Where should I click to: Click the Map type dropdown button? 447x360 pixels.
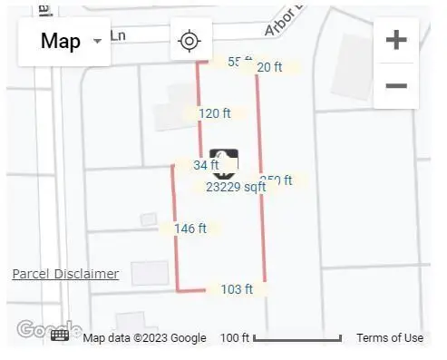64,41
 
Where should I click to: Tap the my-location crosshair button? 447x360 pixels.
189,41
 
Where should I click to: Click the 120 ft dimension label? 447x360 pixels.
215,113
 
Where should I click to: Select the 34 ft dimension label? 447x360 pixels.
206,165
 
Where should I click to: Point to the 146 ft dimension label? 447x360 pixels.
189,229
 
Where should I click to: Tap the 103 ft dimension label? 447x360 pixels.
237,289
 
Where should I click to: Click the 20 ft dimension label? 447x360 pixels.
269,67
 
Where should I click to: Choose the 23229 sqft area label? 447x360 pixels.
236,187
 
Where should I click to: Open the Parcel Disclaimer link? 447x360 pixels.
65,274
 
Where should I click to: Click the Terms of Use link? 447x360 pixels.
389,338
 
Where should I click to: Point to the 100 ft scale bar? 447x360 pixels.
281,338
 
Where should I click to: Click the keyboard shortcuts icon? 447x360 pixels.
60,336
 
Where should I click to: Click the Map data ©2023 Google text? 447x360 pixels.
145,338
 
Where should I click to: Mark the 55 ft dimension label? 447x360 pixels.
238,62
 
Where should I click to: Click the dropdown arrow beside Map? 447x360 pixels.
97,42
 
